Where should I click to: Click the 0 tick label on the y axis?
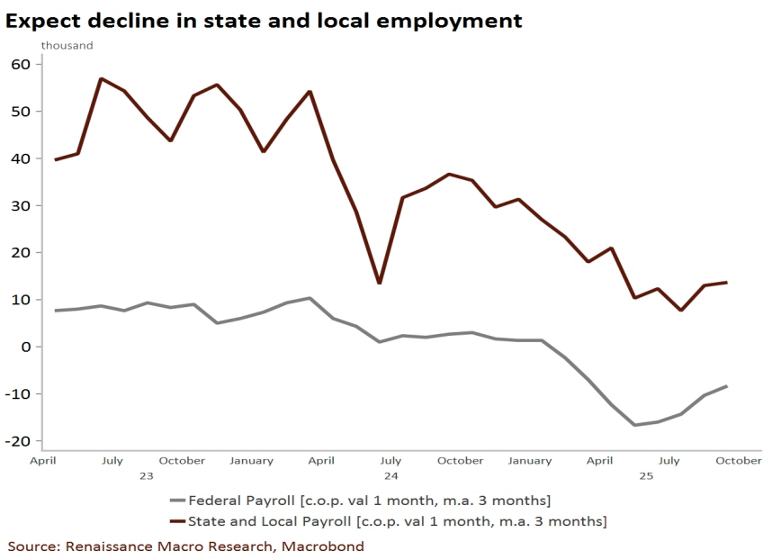click(x=26, y=347)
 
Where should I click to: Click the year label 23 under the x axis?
click(x=146, y=474)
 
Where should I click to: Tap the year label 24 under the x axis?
click(x=390, y=474)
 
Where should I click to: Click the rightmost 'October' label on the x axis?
click(x=739, y=461)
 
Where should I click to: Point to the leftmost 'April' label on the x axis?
click(x=44, y=461)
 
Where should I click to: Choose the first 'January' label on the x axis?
click(x=251, y=461)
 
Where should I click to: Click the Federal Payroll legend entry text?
click(x=368, y=500)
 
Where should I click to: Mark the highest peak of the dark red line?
click(x=101, y=78)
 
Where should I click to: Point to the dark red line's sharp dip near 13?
click(x=379, y=283)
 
